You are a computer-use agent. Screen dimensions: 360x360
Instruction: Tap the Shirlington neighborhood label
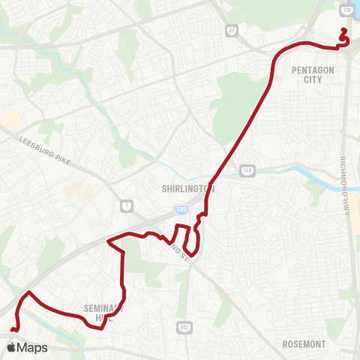(188, 189)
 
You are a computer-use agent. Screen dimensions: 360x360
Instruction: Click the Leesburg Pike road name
(51, 141)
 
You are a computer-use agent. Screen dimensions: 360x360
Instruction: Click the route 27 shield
(231, 30)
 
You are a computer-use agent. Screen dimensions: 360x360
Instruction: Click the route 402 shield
(184, 327)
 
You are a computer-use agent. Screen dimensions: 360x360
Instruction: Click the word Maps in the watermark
(32, 348)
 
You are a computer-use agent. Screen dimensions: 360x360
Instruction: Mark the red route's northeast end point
(344, 30)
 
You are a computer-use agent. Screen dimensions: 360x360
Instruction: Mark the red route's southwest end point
(12, 330)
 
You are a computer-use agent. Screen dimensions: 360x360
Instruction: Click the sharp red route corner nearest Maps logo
(28, 292)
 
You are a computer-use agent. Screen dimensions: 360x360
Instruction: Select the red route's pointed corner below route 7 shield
(109, 241)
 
